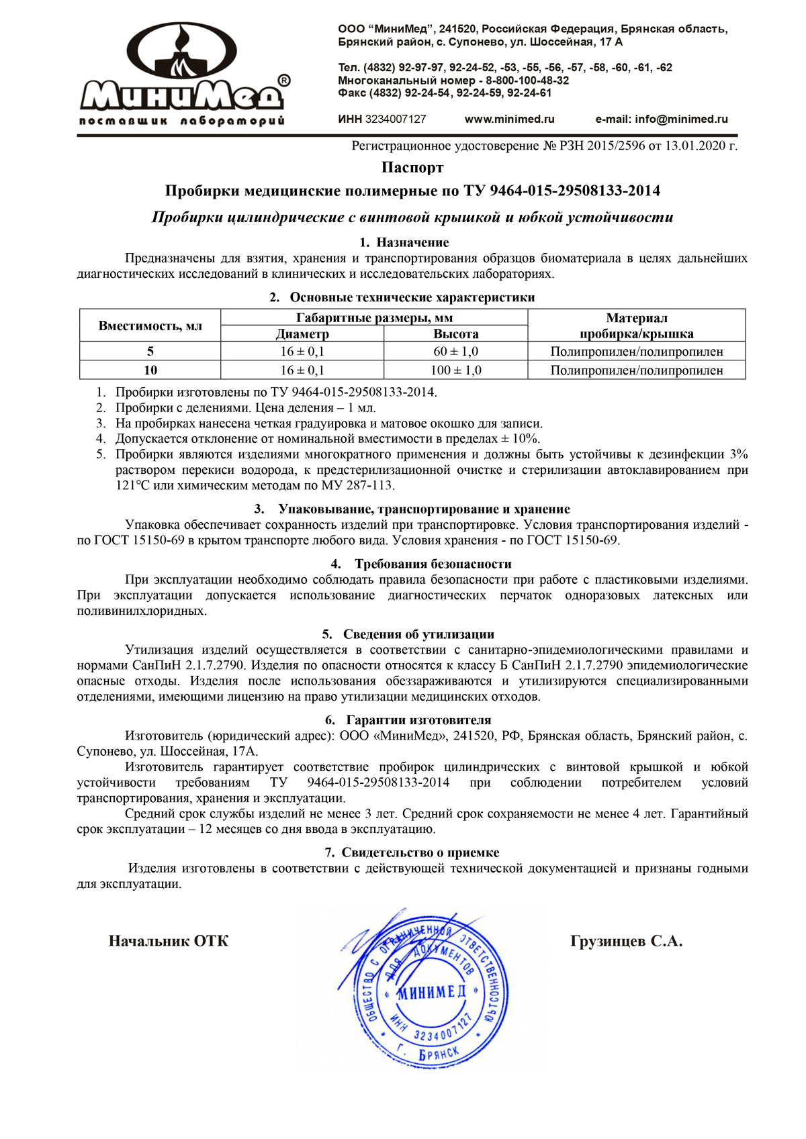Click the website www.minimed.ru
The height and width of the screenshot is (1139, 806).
point(509,119)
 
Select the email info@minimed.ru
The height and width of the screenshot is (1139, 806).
point(681,119)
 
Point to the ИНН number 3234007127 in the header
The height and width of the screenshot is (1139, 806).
point(396,119)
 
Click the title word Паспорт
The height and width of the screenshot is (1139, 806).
point(412,167)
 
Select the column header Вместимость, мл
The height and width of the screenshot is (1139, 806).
point(150,326)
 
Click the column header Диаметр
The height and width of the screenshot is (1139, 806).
point(302,334)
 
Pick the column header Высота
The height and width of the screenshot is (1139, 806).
point(456,334)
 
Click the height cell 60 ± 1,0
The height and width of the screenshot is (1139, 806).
point(456,351)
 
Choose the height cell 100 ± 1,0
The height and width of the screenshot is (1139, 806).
point(456,370)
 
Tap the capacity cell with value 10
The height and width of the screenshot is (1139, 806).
point(150,370)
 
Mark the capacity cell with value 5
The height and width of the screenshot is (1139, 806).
point(150,351)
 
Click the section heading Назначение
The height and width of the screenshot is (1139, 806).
point(412,242)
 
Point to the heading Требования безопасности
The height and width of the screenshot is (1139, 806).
point(433,564)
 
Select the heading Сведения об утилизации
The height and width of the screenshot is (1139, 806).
point(418,634)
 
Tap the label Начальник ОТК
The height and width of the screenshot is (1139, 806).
point(169,941)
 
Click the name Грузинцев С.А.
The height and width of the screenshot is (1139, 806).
point(626,941)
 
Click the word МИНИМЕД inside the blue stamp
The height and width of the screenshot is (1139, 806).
point(431,992)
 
